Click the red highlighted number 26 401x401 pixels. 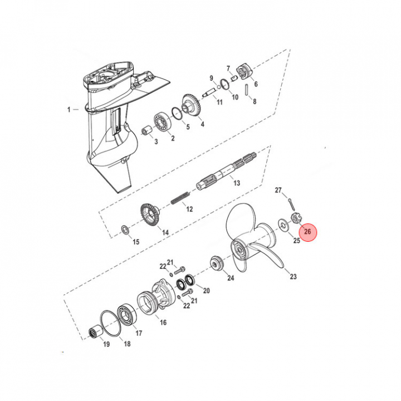pyautogui.click(x=307, y=232)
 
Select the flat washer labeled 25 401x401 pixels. pyautogui.click(x=283, y=225)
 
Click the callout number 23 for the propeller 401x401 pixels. pyautogui.click(x=293, y=276)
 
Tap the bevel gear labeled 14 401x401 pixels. pyautogui.click(x=150, y=216)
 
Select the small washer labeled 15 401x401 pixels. pyautogui.click(x=125, y=229)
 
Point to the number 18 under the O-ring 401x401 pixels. pyautogui.click(x=127, y=344)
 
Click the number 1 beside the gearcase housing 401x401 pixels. pyautogui.click(x=69, y=110)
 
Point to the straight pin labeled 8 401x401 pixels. pyautogui.click(x=246, y=90)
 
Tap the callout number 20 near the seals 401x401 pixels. pyautogui.click(x=207, y=291)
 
